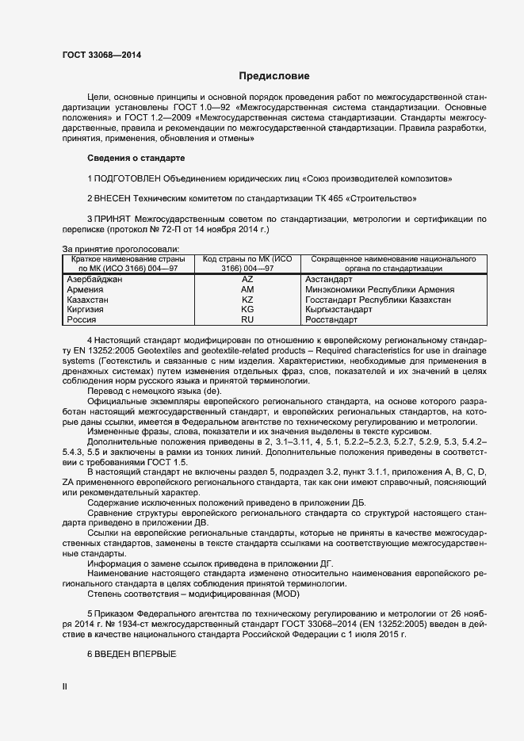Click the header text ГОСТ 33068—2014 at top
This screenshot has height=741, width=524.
pyautogui.click(x=102, y=55)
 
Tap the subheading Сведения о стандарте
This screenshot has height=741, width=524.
pyautogui.click(x=135, y=159)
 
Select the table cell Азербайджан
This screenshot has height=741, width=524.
pyautogui.click(x=94, y=280)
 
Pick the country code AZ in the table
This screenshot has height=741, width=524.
pyautogui.click(x=247, y=280)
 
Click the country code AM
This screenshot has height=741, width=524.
pyautogui.click(x=247, y=290)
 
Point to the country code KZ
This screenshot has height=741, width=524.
pyautogui.click(x=247, y=300)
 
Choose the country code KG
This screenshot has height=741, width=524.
pyautogui.click(x=247, y=310)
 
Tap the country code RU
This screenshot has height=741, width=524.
pyautogui.click(x=247, y=320)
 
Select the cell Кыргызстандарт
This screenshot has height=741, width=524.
pyautogui.click(x=338, y=310)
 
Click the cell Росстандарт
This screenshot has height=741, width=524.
pyautogui.click(x=331, y=320)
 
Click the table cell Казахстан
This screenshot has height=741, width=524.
pyautogui.click(x=88, y=300)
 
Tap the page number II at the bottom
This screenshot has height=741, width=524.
pyautogui.click(x=64, y=687)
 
